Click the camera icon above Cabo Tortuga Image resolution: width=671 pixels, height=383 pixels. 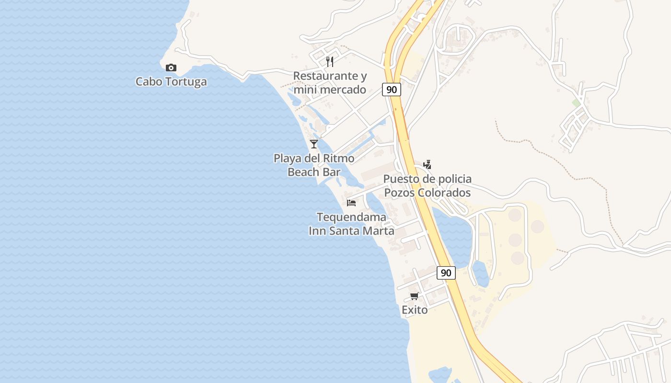pyautogui.click(x=171, y=68)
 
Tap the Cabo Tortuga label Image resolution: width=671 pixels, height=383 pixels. pyautogui.click(x=171, y=81)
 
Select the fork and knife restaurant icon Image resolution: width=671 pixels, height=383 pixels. pyautogui.click(x=330, y=61)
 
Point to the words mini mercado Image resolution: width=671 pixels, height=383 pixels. pyautogui.click(x=330, y=90)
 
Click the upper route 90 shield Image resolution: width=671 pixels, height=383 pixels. pyautogui.click(x=392, y=89)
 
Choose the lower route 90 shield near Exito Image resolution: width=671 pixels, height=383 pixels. pyautogui.click(x=446, y=273)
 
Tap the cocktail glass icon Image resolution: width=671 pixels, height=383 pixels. pyautogui.click(x=314, y=144)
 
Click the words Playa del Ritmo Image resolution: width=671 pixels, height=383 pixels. pyautogui.click(x=314, y=158)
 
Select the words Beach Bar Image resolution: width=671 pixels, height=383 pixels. pyautogui.click(x=314, y=172)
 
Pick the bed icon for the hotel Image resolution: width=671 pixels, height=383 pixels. pyautogui.click(x=351, y=203)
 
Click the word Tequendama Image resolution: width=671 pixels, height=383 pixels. pyautogui.click(x=351, y=217)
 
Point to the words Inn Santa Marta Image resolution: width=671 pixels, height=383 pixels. pyautogui.click(x=351, y=231)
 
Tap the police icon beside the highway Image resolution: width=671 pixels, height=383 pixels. pyautogui.click(x=427, y=165)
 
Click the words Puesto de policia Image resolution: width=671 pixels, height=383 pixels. pyautogui.click(x=427, y=179)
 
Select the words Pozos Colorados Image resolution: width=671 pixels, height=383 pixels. pyautogui.click(x=427, y=192)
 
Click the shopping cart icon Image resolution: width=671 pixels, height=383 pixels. pyautogui.click(x=415, y=296)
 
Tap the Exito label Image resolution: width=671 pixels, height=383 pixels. pyautogui.click(x=415, y=310)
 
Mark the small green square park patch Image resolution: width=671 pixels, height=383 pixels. pyautogui.click(x=576, y=103)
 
